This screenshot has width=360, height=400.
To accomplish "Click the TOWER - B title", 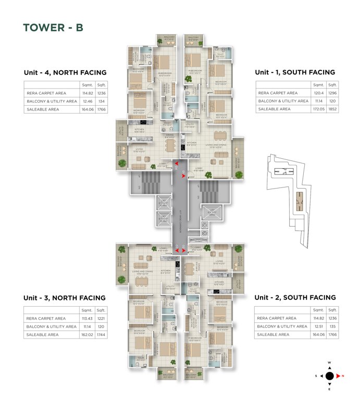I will tap(53, 28).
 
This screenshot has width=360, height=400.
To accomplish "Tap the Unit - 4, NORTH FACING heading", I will tap(65, 73).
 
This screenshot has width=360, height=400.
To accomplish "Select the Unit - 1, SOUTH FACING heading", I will tap(294, 72).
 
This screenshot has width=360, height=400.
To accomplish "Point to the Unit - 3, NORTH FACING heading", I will tap(64, 298).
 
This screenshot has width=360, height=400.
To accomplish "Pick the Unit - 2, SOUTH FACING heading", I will tap(295, 297).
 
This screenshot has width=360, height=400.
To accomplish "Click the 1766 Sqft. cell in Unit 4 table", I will tap(101, 110).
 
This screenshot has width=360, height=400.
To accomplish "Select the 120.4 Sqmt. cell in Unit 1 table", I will tap(318, 93).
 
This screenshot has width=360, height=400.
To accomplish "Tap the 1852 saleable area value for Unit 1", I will tap(333, 109).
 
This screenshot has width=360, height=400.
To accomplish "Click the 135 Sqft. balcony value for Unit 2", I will tap(332, 326).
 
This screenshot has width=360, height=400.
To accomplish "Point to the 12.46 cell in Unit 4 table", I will tap(87, 102).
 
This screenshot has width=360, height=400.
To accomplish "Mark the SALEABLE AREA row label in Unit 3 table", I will tap(42, 335).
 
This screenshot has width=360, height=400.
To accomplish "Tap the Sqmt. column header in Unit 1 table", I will tap(318, 84).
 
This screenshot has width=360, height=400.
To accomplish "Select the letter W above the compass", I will tap(329, 362).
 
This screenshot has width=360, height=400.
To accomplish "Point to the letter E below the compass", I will tap(329, 389).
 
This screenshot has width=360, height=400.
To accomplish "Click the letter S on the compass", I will tap(316, 376).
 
